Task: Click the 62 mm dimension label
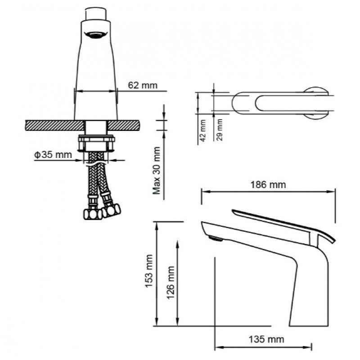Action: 143,85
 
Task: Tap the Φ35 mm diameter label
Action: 53,155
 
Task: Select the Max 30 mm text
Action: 157,171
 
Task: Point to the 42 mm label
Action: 203,130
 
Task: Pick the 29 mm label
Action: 220,130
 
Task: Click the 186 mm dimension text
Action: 268,184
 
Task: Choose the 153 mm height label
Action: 149,271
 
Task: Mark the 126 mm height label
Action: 171,283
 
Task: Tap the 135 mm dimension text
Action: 266,339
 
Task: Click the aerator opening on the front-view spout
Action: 96,35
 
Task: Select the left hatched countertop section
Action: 54,126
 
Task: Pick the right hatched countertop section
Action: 123,126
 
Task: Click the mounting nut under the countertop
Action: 96,143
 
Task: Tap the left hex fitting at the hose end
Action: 93,214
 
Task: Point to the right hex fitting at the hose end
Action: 111,210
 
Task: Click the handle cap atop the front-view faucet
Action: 96,14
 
